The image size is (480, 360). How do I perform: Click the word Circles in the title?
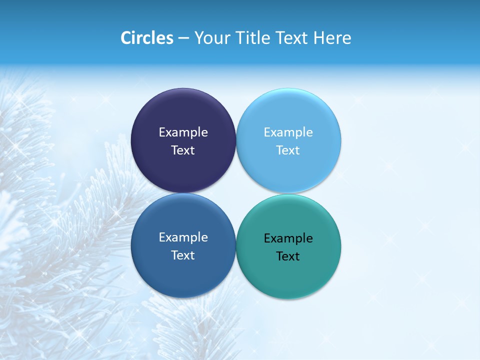[147, 38]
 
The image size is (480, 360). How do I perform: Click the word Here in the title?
[332, 38]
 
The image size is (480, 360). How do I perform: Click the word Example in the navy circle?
[183, 132]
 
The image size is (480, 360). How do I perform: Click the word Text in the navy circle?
[183, 150]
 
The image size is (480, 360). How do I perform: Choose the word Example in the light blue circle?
[288, 132]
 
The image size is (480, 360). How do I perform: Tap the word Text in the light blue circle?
[288, 150]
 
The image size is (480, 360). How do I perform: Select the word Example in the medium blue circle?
[183, 237]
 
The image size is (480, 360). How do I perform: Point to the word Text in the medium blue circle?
[183, 255]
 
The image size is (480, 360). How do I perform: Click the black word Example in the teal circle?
[288, 238]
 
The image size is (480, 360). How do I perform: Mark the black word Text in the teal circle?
[288, 256]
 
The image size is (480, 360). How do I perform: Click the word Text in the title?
[291, 38]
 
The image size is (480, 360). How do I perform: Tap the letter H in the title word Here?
[318, 38]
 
